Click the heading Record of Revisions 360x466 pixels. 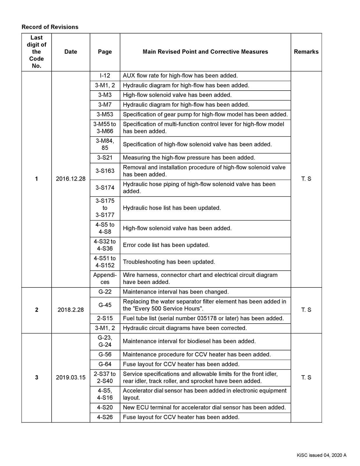point(50,27)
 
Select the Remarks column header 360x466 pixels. point(306,52)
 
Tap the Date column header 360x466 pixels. point(71,52)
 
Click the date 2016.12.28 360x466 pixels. point(71,179)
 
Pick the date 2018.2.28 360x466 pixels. point(71,310)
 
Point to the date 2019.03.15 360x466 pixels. point(71,377)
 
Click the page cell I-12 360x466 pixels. point(105,76)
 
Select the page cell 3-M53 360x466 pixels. point(105,114)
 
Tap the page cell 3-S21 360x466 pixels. point(105,158)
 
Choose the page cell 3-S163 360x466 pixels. point(105,171)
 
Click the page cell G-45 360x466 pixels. point(105,305)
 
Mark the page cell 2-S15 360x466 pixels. point(105,318)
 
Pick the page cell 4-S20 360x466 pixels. point(105,407)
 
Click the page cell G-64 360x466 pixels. point(105,364)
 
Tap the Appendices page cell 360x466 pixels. point(105,279)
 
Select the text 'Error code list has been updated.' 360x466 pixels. point(166,245)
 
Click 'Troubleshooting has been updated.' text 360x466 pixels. point(169,262)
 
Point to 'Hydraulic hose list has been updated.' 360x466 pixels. point(172,208)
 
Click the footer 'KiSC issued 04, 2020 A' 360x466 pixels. point(322,456)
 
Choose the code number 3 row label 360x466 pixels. point(36,377)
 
